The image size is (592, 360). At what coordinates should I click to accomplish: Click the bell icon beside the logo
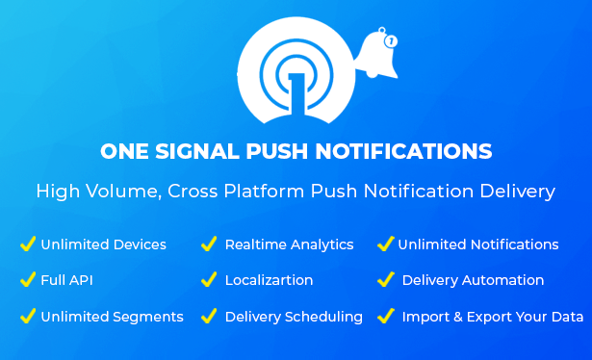376,55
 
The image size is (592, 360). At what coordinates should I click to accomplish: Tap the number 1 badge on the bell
391,40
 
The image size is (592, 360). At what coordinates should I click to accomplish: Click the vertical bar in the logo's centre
296,94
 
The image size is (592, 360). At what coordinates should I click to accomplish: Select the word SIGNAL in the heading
197,151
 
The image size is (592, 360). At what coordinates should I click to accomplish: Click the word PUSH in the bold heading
276,151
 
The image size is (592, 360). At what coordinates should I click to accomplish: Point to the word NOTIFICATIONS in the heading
403,151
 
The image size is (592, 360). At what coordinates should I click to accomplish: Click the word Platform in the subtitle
264,191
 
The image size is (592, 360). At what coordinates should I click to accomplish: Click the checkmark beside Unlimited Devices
28,244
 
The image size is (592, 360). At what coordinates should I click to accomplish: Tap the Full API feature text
66,280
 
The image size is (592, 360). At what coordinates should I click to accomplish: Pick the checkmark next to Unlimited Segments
28,316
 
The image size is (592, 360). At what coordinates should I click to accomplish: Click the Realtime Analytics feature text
289,245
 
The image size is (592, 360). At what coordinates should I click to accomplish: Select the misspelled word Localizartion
269,280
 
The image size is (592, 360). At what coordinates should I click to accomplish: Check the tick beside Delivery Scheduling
209,316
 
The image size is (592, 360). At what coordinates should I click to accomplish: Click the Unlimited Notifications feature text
478,244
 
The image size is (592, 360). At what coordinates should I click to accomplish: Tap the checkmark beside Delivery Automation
386,279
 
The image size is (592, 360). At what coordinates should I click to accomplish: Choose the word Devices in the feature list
140,244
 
